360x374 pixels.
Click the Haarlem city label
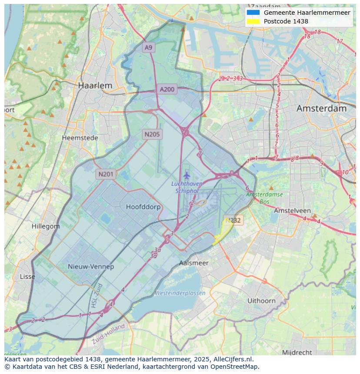pos(95,86)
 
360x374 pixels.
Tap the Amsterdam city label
pos(321,109)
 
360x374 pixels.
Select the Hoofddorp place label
pos(143,207)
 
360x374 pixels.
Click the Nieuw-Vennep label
pos(91,266)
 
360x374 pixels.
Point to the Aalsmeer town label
pos(193,263)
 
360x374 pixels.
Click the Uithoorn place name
pos(261,301)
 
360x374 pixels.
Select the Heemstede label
pos(80,138)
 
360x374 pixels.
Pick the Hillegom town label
pos(46,226)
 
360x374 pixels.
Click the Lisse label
pos(27,277)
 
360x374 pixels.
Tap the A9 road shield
pos(149,47)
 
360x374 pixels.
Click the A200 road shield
pos(167,89)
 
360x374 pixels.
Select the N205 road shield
pos(152,134)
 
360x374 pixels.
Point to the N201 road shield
pos(106,174)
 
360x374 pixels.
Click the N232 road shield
pos(233,220)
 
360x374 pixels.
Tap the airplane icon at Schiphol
pos(187,175)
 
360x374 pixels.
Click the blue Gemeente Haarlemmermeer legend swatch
pos(253,13)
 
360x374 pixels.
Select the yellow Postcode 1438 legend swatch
pos(253,21)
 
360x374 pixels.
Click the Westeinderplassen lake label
pos(180,293)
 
